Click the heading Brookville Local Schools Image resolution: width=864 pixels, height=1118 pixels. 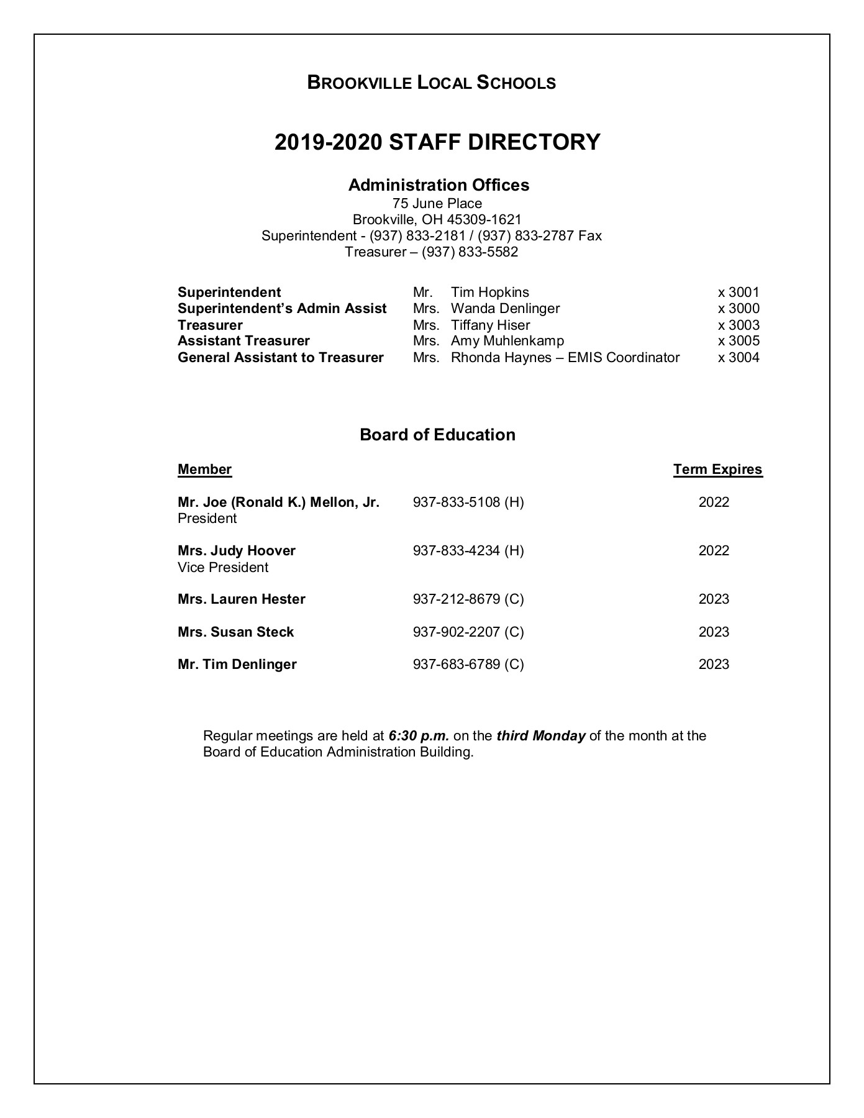tap(431, 83)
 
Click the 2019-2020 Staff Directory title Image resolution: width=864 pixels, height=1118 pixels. tap(437, 142)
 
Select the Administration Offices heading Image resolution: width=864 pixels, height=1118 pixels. tap(438, 185)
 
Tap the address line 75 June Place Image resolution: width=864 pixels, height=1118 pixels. tap(437, 203)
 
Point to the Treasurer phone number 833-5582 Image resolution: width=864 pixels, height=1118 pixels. tap(470, 252)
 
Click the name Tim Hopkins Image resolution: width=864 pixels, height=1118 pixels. tap(489, 293)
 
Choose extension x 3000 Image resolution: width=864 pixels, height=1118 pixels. tap(738, 309)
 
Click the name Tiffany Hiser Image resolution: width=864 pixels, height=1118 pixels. tap(490, 325)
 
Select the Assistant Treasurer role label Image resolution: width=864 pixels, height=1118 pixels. tap(243, 341)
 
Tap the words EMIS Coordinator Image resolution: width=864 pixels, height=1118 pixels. tap(623, 358)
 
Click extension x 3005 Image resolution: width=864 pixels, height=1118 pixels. tap(738, 341)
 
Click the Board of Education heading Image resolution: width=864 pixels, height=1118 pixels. tap(437, 435)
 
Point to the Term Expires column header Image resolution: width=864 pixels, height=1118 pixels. tap(717, 470)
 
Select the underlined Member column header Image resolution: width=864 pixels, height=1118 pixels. tap(204, 470)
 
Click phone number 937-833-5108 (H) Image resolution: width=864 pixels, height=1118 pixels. tap(468, 502)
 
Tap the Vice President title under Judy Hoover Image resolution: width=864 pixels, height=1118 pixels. tap(222, 568)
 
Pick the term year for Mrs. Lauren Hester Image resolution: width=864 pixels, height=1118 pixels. tap(714, 599)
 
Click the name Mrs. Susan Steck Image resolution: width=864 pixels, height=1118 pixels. tap(235, 632)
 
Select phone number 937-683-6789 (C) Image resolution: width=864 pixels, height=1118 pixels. tap(468, 665)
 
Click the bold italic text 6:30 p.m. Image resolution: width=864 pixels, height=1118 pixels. tap(418, 736)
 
